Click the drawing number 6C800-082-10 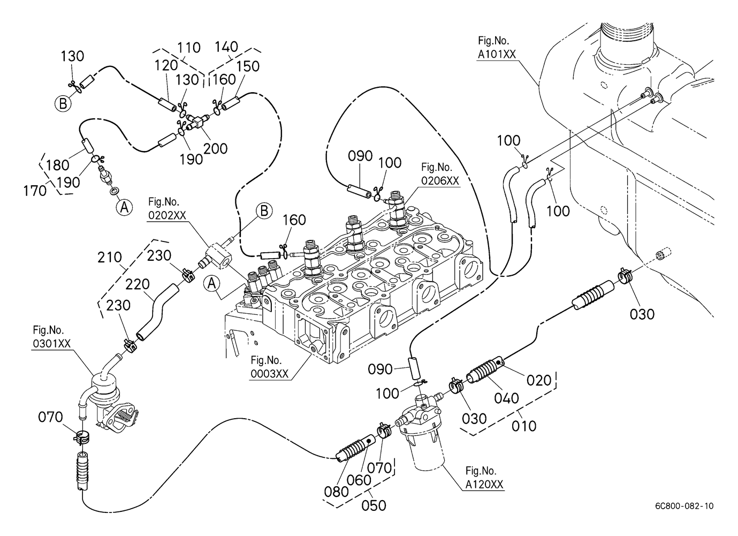point(683,506)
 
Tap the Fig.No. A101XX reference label point(493,47)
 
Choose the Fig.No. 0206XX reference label point(440,175)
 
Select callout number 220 point(138,284)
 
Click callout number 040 point(506,398)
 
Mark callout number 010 point(524,426)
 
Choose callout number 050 point(374,505)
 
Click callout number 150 point(248,66)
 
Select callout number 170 point(35,190)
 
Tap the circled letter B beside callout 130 point(63,103)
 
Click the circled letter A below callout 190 point(124,207)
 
